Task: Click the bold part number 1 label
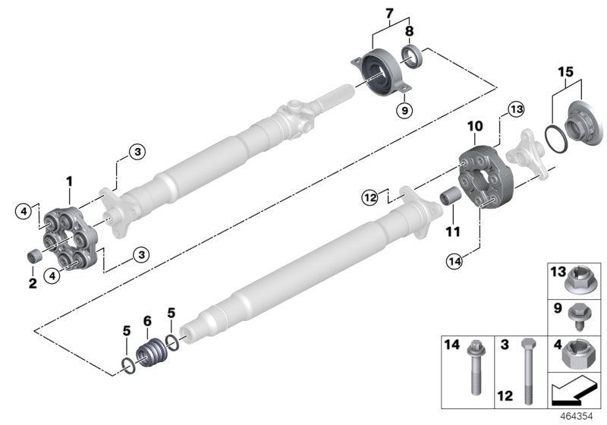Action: [69, 182]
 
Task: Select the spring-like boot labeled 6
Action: [151, 354]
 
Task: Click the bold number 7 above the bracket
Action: [391, 13]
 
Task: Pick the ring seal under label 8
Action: [411, 55]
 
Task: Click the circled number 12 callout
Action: [370, 198]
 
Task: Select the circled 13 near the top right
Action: [516, 111]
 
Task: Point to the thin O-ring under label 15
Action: [556, 142]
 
